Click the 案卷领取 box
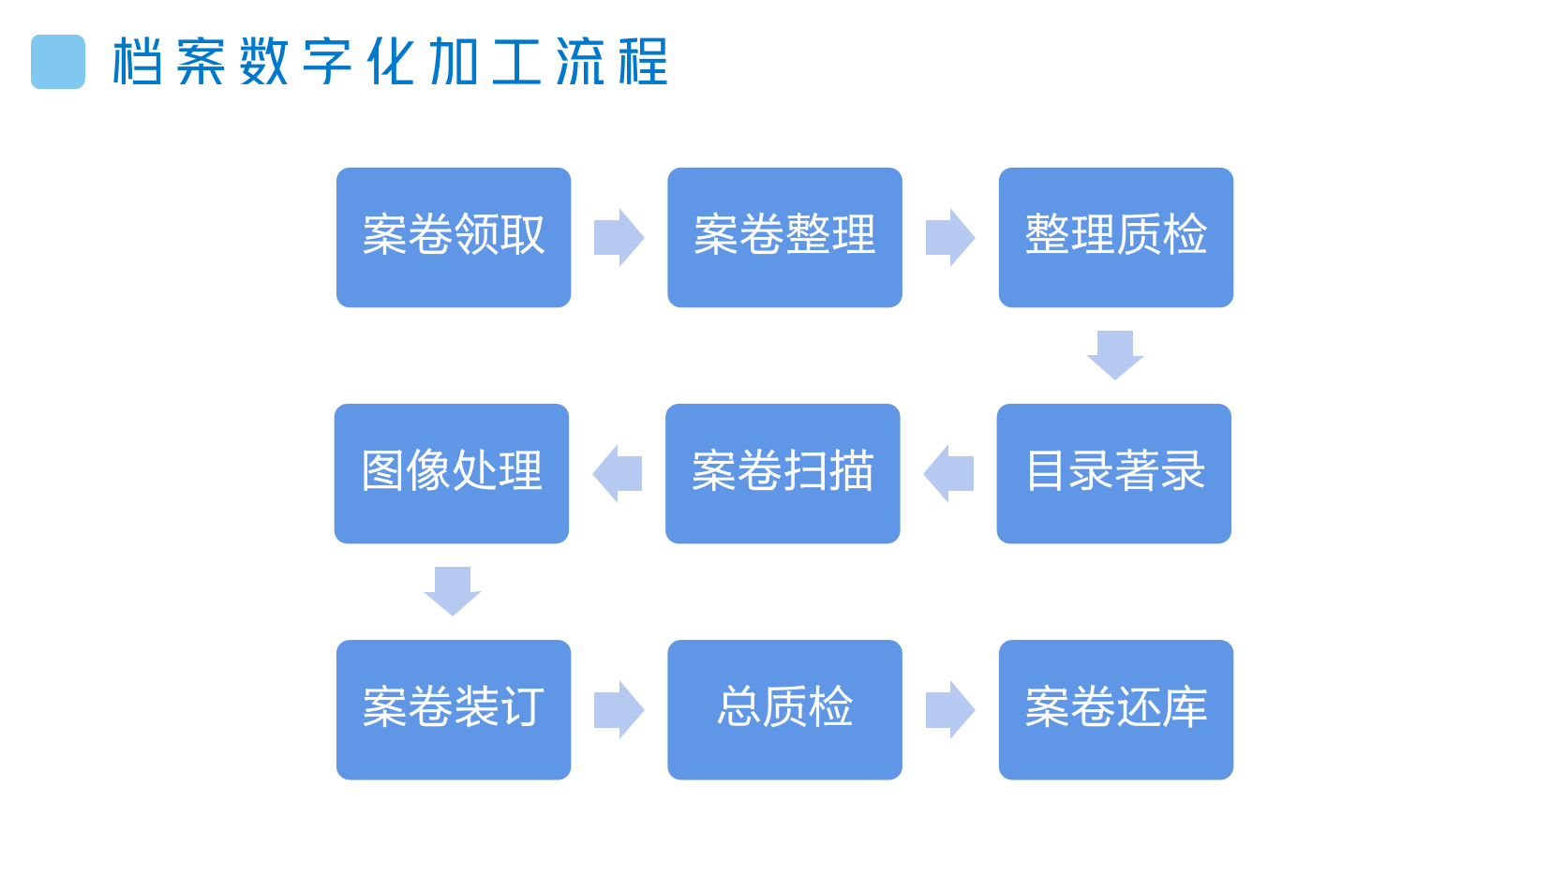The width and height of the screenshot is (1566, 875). pos(454,237)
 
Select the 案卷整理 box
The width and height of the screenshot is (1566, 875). pos(784,237)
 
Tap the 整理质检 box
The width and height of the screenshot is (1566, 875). pos(1115,237)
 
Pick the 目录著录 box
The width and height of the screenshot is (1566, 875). pos(1113,473)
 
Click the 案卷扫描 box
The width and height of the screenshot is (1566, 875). pos(783,473)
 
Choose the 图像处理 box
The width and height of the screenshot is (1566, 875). pos(452,473)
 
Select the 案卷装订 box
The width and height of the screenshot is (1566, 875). pos(454,709)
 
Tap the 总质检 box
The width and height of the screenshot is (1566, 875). pos(784,709)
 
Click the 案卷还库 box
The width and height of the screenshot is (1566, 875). pos(1115,709)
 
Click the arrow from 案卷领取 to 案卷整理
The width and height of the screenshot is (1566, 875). pos(619,237)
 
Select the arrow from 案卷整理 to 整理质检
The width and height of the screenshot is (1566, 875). pos(949,237)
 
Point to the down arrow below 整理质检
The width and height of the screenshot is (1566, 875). pos(1115,354)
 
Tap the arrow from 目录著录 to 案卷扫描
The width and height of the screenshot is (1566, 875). pos(948,473)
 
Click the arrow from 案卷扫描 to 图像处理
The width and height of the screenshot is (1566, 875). pos(618,473)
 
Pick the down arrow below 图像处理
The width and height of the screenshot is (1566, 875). pos(453,590)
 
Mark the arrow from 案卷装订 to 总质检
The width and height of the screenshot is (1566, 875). pos(619,709)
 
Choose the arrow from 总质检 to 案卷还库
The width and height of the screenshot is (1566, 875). pos(949,709)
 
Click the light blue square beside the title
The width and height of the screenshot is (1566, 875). pos(58,62)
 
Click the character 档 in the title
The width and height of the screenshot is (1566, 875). pos(138,62)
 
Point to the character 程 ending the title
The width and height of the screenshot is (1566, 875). pos(643,62)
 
